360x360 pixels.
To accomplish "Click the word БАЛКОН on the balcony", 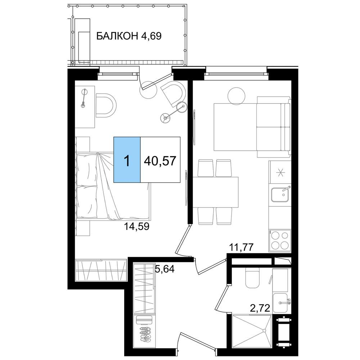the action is pos(117,36).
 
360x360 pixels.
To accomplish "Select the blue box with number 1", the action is pos(127,160).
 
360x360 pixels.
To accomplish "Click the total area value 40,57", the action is pos(160,161).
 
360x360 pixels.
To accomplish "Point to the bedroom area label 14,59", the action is pos(136,226).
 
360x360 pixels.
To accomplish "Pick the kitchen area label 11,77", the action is pos(241,247).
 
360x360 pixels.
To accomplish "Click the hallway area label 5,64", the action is pos(165,269).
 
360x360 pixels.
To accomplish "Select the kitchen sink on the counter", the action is pos(280,194).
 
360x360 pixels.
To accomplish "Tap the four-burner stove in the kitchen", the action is pos(280,240).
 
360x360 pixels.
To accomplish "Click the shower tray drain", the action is pos(264,330).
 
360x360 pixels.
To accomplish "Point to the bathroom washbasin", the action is pos(280,302).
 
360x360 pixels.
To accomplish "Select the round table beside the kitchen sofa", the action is pos(236,96).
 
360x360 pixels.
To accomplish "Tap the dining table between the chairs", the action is pos(216,192).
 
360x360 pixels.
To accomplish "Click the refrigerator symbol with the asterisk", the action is pos(280,172).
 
